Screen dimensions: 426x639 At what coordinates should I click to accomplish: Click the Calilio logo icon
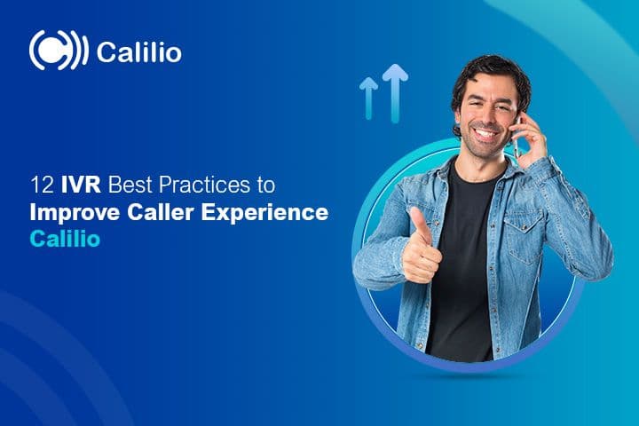[58, 51]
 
